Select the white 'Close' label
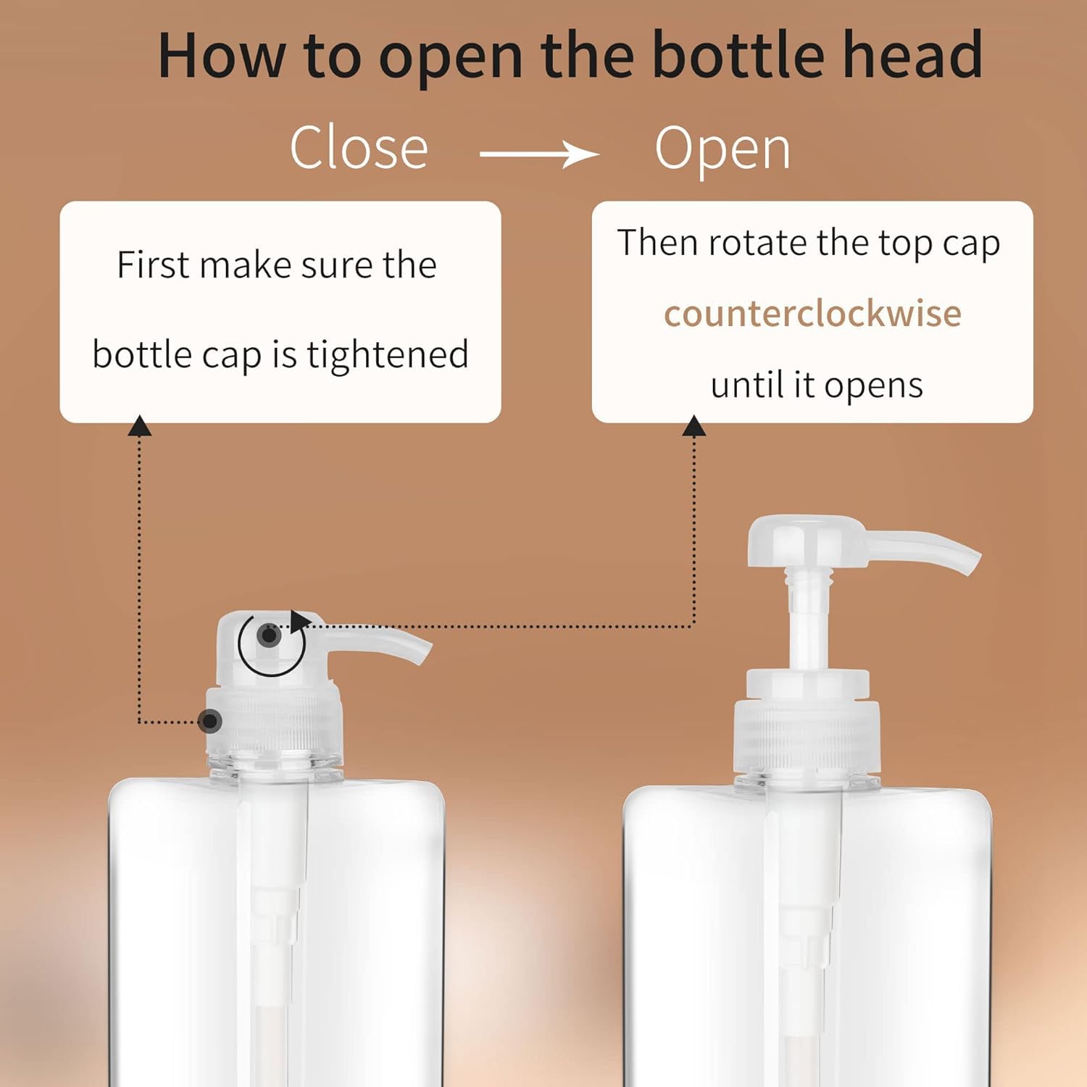359,148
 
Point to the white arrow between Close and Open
539,154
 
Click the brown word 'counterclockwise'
812,314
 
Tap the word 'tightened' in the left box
387,355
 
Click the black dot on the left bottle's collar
210,721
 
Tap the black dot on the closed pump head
270,636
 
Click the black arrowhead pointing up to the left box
139,426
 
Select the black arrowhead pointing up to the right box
694,426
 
